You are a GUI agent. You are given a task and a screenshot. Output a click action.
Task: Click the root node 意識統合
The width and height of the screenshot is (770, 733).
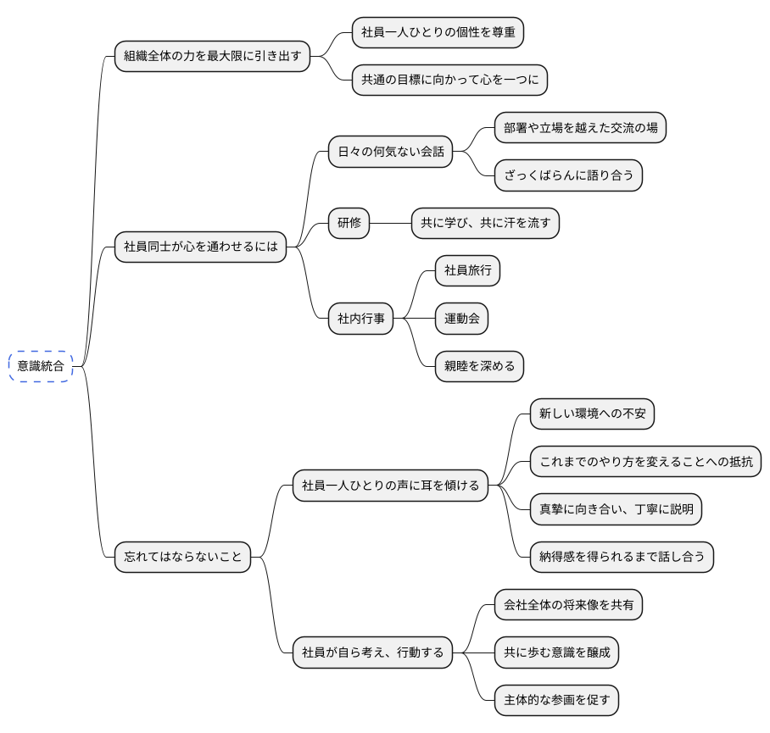[41, 366]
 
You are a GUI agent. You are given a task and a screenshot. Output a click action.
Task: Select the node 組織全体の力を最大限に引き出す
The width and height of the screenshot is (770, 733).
[212, 57]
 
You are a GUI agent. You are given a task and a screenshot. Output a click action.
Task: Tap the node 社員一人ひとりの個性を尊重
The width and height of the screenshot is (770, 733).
[437, 33]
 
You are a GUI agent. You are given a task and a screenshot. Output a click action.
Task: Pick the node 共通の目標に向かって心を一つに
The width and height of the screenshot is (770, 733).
[449, 81]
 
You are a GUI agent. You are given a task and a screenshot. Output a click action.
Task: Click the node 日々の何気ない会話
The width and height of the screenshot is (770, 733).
[389, 153]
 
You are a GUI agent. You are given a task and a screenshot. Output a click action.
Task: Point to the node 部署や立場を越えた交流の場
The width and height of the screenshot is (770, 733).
[580, 128]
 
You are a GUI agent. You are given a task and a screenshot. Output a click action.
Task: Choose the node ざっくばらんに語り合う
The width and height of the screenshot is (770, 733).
[568, 175]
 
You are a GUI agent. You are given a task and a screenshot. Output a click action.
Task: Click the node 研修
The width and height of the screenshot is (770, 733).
[349, 224]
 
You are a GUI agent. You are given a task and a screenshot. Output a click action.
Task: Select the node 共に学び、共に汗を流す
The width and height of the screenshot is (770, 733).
[485, 224]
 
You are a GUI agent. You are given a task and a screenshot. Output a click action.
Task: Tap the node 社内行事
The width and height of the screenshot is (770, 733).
[361, 319]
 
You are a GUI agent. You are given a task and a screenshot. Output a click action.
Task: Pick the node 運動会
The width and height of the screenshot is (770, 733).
[462, 319]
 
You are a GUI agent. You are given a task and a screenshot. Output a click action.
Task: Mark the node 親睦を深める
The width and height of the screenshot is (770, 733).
[479, 366]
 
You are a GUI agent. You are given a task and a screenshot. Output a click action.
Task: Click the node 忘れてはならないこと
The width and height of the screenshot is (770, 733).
[183, 557]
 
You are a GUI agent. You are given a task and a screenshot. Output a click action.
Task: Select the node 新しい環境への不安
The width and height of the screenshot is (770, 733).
[592, 414]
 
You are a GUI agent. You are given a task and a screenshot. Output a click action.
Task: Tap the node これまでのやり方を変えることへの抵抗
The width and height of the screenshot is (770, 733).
[645, 462]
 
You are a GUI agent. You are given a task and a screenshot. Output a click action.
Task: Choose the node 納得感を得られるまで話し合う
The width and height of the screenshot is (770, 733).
[622, 557]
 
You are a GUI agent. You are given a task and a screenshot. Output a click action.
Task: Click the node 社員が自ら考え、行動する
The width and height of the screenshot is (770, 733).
[372, 652]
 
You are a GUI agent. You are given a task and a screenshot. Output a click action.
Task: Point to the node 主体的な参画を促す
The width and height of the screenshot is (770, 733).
[556, 700]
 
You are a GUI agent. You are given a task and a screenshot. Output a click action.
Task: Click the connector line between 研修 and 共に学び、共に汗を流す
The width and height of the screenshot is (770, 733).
[391, 224]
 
